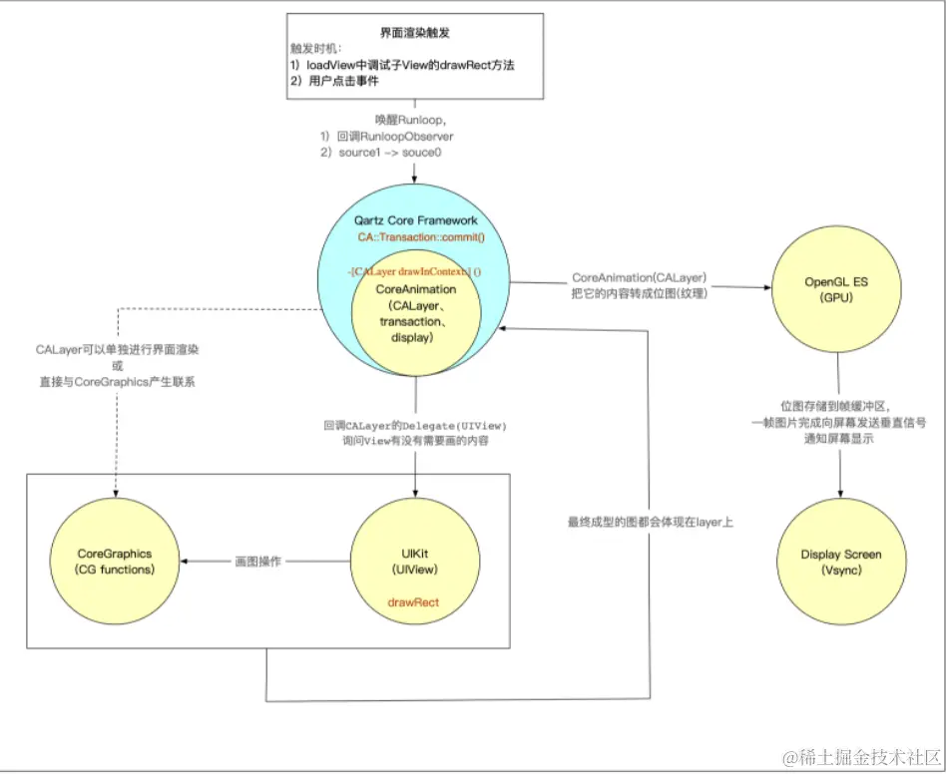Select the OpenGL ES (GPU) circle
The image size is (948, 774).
click(837, 289)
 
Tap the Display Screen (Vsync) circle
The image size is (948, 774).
click(840, 562)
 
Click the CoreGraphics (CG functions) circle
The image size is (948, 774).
click(116, 562)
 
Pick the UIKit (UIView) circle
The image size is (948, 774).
click(414, 562)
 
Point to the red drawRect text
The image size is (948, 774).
click(414, 603)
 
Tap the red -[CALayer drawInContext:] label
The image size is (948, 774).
click(414, 270)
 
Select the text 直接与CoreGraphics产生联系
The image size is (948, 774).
click(116, 382)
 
